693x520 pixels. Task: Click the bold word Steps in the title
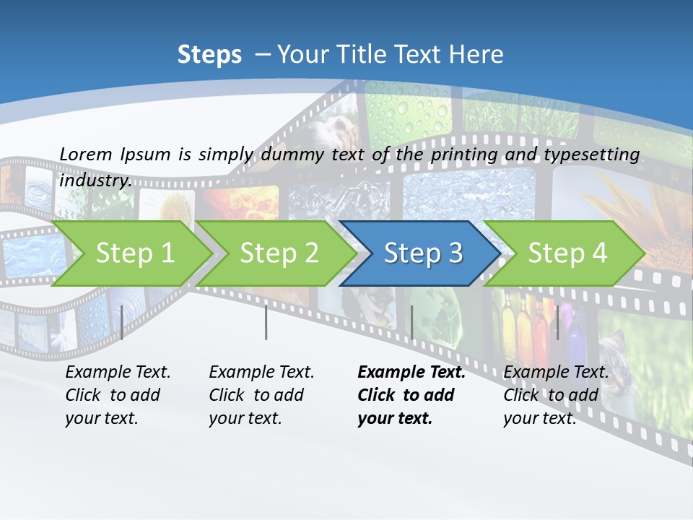[x=209, y=55]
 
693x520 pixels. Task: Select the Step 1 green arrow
[x=134, y=253]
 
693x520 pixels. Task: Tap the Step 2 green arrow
[x=278, y=253]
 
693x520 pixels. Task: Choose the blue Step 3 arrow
[x=422, y=253]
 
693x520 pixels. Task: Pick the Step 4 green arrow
[x=566, y=253]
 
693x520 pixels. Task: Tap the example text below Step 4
[x=556, y=395]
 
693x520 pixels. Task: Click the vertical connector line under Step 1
[x=122, y=322]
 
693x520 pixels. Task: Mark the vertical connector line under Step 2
[x=266, y=322]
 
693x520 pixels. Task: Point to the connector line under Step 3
[x=411, y=322]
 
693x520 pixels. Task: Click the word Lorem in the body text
[x=85, y=154]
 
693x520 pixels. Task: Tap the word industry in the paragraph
[x=95, y=181]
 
